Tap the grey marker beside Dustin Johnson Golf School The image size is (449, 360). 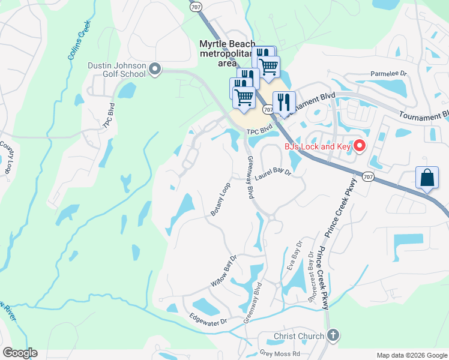[155, 70]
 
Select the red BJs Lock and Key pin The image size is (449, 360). [360, 145]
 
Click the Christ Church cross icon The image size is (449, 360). [334, 336]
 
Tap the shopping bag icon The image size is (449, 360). [427, 178]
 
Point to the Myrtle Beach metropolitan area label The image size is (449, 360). [228, 53]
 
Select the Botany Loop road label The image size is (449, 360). [221, 200]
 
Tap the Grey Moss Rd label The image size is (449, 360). [280, 354]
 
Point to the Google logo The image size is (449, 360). [20, 352]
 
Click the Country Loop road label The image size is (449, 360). [9, 157]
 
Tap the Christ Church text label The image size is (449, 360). [299, 336]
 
